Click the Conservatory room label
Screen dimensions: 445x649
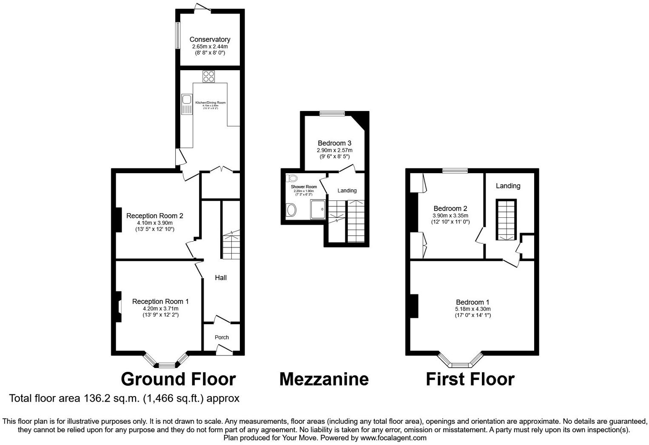[210, 40]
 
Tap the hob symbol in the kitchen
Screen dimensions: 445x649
[208, 77]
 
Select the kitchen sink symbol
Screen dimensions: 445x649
[187, 105]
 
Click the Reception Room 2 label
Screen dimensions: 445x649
[154, 216]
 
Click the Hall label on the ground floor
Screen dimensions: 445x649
[220, 278]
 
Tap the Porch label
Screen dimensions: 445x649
[222, 337]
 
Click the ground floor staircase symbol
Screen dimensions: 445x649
[231, 244]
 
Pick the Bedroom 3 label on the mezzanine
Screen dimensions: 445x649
[334, 143]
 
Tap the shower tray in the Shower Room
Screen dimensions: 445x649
[319, 209]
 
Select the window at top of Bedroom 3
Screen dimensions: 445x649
[332, 113]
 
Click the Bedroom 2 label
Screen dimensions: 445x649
[450, 208]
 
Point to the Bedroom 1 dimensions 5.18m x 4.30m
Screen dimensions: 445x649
[473, 309]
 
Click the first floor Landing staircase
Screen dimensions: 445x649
[506, 220]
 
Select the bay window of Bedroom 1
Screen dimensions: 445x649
[461, 362]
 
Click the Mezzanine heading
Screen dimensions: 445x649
[324, 379]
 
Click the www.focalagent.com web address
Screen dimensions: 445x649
[393, 438]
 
